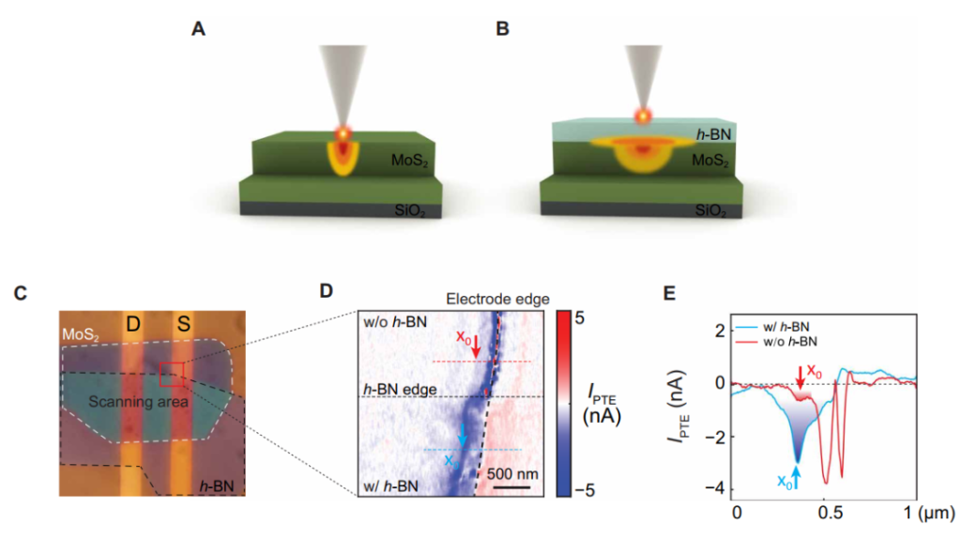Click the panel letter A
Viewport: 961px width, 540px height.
click(x=198, y=29)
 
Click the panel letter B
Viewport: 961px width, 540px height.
click(x=503, y=29)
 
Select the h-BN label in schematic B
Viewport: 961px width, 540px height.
click(x=714, y=134)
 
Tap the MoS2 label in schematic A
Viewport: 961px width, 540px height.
click(x=409, y=162)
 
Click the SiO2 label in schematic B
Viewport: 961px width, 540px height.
click(x=710, y=211)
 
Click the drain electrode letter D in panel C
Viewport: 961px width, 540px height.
click(x=133, y=324)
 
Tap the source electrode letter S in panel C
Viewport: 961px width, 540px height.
click(x=183, y=324)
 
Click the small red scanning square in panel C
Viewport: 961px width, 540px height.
click(x=172, y=375)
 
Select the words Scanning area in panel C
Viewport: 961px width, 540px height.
click(x=139, y=402)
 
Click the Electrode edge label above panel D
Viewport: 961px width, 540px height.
click(x=497, y=299)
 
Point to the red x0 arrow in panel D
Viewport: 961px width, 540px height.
click(x=476, y=347)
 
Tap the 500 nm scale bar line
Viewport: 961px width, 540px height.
click(x=511, y=487)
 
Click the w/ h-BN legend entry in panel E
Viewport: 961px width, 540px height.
click(x=773, y=328)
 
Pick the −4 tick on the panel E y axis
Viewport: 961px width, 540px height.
click(x=716, y=489)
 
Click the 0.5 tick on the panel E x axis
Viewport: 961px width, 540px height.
click(x=831, y=513)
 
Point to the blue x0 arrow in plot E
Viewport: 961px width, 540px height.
click(x=797, y=477)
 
